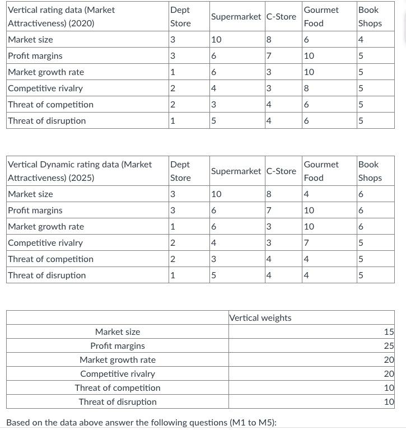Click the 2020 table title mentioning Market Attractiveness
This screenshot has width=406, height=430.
tap(62, 17)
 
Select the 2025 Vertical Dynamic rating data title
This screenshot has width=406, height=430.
tap(80, 171)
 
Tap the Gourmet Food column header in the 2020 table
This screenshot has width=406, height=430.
tap(321, 17)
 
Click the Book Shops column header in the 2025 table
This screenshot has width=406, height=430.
tap(370, 171)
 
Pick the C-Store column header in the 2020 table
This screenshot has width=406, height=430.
tap(281, 17)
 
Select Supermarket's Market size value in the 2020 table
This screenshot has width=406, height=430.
tap(216, 40)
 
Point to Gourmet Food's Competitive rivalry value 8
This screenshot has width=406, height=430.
tap(306, 88)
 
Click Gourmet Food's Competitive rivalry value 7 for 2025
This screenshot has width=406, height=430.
tap(306, 243)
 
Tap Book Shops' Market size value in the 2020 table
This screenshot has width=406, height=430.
tap(361, 40)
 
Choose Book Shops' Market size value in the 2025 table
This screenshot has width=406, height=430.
tap(361, 194)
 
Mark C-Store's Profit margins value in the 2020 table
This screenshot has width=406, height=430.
tap(269, 56)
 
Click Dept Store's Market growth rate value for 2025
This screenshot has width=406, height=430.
tap(172, 227)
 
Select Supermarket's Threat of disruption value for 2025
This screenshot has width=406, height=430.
tap(213, 275)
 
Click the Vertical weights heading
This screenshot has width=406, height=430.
tap(260, 318)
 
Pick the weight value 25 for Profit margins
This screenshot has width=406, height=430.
tap(389, 346)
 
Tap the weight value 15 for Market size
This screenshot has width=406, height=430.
tap(389, 332)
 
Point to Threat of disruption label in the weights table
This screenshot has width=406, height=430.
tap(118, 402)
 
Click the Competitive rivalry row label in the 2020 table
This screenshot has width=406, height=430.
tap(45, 88)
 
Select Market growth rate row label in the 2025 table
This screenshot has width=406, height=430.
tap(46, 227)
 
